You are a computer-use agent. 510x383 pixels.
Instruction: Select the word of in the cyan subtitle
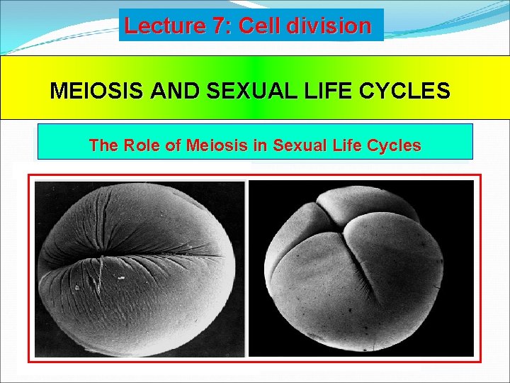(172, 145)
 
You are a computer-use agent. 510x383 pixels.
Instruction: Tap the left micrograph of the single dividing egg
(140, 267)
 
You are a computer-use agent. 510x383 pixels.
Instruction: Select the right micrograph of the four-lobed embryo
(361, 267)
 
